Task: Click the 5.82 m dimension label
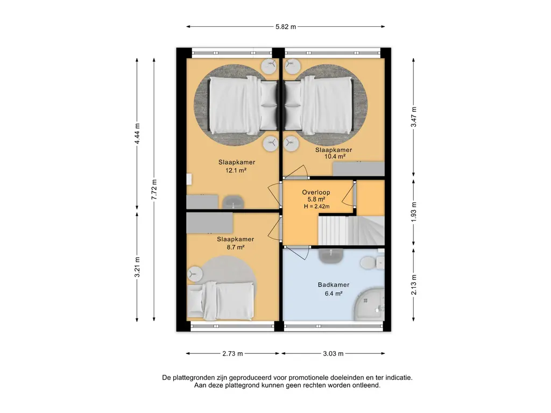(x=286, y=27)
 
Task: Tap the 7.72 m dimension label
(x=154, y=190)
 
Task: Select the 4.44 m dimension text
(x=137, y=134)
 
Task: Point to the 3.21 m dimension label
(x=137, y=267)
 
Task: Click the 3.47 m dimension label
(x=414, y=117)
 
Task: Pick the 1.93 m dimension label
(x=414, y=211)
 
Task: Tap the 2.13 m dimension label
(x=414, y=285)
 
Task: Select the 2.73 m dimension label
(x=232, y=354)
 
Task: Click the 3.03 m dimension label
(x=333, y=354)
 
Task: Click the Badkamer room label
(x=334, y=285)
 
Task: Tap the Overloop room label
(x=316, y=193)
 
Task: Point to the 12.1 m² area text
(x=236, y=170)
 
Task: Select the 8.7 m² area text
(x=236, y=247)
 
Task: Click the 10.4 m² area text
(x=335, y=156)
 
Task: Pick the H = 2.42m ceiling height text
(x=316, y=206)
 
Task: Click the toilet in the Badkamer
(x=368, y=262)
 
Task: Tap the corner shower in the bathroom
(x=369, y=304)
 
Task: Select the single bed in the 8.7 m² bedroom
(x=221, y=301)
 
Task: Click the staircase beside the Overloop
(x=351, y=230)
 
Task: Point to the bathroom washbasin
(x=331, y=255)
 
